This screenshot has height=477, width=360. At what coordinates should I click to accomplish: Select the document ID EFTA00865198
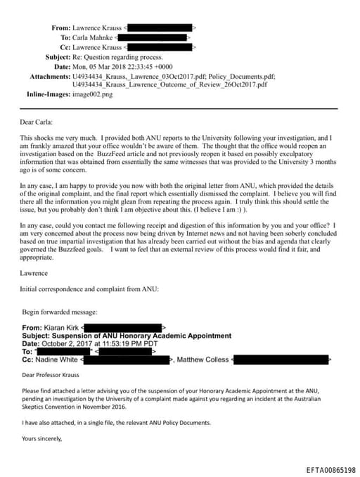click(330, 469)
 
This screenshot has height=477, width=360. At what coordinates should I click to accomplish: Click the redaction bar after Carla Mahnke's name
click(152, 37)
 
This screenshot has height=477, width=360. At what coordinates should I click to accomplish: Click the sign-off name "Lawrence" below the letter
click(35, 272)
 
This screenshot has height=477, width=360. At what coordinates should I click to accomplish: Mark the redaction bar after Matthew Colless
click(282, 360)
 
